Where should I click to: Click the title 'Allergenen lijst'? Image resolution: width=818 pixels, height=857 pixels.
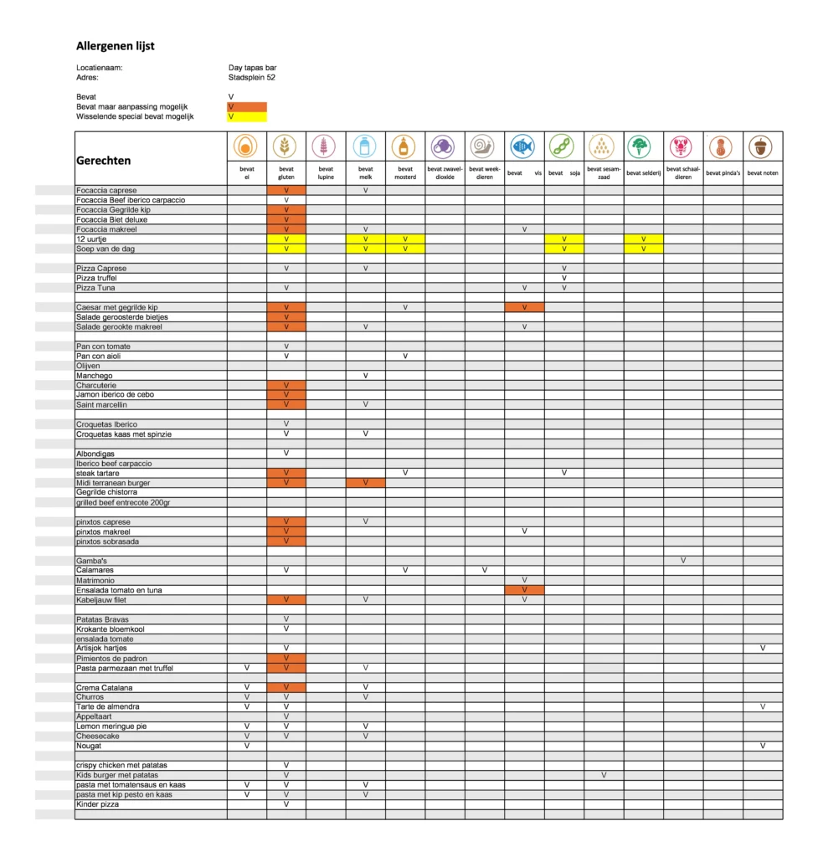[116, 47]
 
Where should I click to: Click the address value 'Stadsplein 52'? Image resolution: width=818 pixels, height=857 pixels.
[251, 78]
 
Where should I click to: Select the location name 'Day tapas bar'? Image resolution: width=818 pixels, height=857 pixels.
[252, 68]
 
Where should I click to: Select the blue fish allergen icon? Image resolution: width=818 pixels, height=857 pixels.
[523, 146]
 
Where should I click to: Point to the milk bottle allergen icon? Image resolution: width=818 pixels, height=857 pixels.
[365, 146]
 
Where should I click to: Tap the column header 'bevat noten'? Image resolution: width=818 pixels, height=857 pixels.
[762, 173]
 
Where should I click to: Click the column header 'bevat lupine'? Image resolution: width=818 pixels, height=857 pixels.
[326, 173]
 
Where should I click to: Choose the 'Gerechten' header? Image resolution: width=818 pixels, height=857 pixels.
[104, 161]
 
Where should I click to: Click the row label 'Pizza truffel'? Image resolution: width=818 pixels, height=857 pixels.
[96, 278]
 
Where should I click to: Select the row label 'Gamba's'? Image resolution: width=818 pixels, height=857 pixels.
[91, 561]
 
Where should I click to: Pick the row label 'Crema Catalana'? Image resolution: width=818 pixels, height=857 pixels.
[105, 688]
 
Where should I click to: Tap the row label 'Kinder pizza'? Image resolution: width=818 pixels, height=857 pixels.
[97, 804]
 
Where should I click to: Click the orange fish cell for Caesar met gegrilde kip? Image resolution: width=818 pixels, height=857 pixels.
[524, 308]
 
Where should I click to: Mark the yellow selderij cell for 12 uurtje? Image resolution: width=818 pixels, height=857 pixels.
[643, 239]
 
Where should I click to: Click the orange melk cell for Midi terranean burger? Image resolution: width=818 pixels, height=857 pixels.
[365, 483]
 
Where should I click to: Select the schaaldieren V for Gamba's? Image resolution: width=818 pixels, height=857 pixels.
[683, 561]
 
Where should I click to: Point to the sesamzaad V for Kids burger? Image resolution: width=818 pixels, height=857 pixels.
[604, 775]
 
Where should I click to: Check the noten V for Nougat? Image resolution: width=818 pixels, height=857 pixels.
[763, 746]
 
